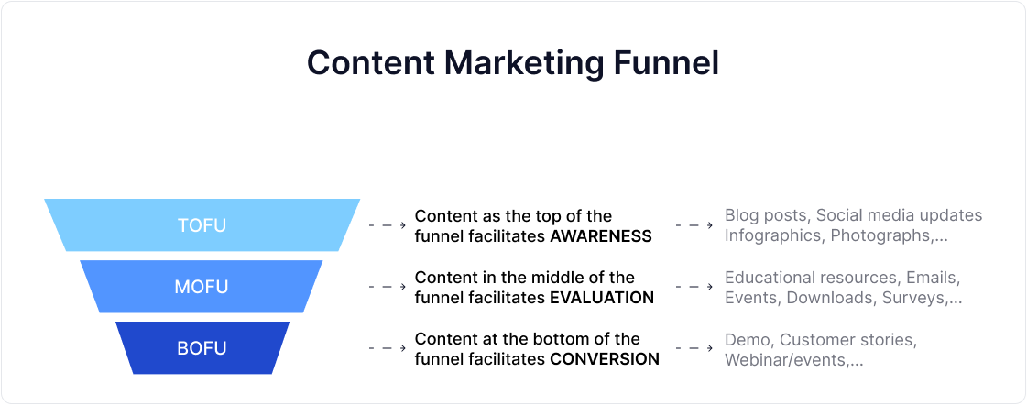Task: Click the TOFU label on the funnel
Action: pos(202,225)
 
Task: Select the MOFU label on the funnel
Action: pos(202,287)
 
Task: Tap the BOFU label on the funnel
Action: pos(202,348)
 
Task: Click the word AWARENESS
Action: pos(600,236)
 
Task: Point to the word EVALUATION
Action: pos(601,298)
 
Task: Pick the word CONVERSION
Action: pos(604,359)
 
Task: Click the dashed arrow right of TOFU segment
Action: pos(387,225)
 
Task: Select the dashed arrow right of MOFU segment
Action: pos(387,287)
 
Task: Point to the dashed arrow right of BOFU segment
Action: pos(387,348)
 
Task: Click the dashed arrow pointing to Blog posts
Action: pos(694,225)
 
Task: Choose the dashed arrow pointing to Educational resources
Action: pos(694,287)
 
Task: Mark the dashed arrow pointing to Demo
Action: pos(694,348)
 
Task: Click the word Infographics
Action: pos(772,236)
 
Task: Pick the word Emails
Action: pos(931,278)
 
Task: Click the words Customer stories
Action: pos(847,340)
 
